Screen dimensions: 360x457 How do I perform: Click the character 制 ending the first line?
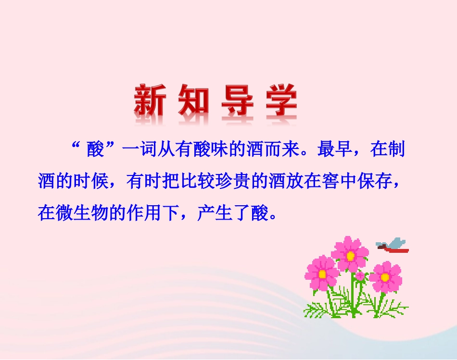tap(395, 150)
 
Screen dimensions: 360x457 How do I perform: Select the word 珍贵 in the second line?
tap(235, 181)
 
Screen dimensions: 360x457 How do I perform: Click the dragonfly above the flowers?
tap(394, 245)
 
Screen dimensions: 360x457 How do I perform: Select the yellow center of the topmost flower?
tap(350, 256)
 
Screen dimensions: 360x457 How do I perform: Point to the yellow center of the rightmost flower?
tap(385, 277)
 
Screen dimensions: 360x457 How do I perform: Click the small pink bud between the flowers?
tap(360, 276)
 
